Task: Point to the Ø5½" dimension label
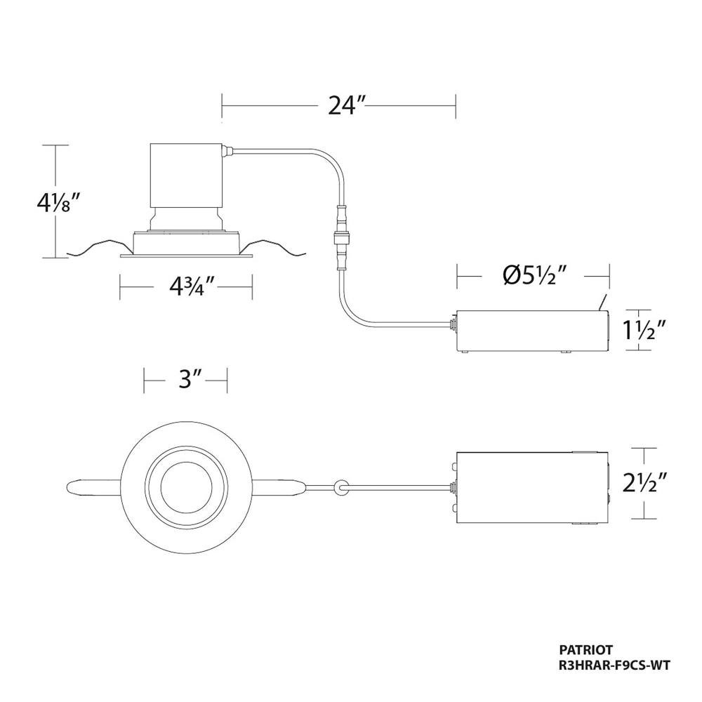pos(533,276)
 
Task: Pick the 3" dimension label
pos(185,380)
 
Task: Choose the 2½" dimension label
pos(641,484)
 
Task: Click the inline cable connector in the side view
pos(340,237)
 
